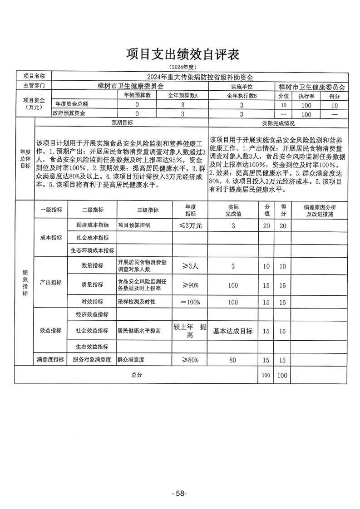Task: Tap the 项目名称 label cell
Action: pyautogui.click(x=34, y=76)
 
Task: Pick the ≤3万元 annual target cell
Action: pyautogui.click(x=190, y=225)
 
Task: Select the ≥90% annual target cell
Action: pyautogui.click(x=190, y=284)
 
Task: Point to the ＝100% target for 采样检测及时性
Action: pyautogui.click(x=190, y=302)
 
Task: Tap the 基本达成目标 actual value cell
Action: pyautogui.click(x=233, y=331)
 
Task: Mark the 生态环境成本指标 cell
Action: pyautogui.click(x=92, y=250)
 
